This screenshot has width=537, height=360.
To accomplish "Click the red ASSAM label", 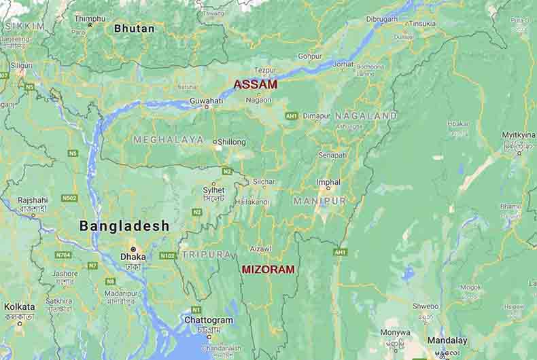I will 256,85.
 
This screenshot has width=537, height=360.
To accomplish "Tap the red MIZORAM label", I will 268,270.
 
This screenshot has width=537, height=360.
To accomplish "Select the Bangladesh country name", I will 124,226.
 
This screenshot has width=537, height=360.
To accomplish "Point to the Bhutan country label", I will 134,29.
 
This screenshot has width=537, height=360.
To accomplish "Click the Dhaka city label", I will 133,257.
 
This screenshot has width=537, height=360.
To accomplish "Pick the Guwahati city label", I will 207,101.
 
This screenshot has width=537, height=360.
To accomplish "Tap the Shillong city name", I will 232,143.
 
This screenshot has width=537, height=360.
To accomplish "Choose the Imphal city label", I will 328,182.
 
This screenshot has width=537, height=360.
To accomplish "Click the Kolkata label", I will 19,307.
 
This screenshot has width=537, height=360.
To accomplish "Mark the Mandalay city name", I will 447,340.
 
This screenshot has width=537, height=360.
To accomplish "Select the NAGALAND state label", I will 366,116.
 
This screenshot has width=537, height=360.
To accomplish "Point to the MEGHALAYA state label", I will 169,139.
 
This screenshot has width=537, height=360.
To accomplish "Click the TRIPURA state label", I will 205,254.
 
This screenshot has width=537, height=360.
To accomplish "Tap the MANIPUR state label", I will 319,201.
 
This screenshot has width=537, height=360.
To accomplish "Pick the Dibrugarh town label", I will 381,19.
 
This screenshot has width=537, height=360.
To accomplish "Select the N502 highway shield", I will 69,198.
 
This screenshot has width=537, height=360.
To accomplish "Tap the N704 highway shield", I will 63,255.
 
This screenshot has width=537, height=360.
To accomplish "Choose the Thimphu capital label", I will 90,18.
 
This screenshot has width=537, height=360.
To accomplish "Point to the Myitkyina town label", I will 518,135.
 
